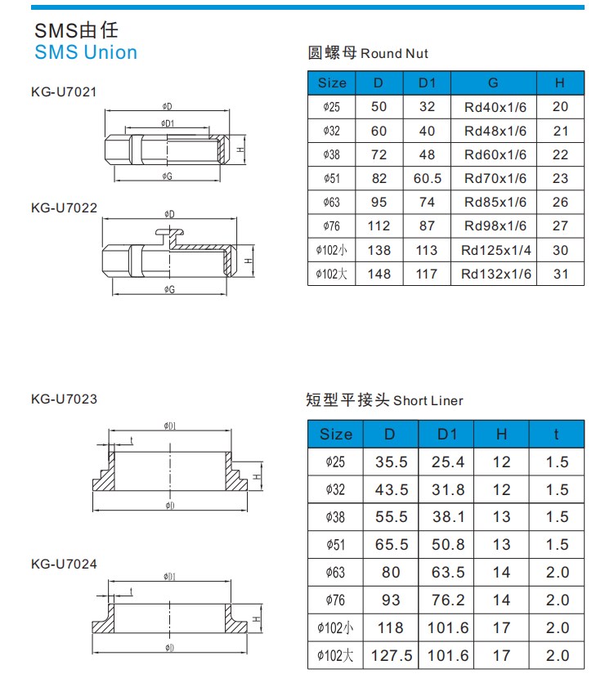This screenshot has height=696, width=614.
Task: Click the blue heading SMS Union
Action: [86, 52]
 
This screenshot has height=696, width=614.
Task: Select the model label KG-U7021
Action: [64, 91]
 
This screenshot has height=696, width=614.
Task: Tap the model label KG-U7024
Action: [64, 564]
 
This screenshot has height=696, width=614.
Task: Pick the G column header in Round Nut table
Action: [493, 83]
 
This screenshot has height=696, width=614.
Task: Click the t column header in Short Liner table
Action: [556, 434]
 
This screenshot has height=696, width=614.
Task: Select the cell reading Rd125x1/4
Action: [495, 250]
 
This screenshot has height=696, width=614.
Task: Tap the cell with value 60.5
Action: [428, 178]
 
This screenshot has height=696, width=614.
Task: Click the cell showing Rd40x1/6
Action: [495, 107]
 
